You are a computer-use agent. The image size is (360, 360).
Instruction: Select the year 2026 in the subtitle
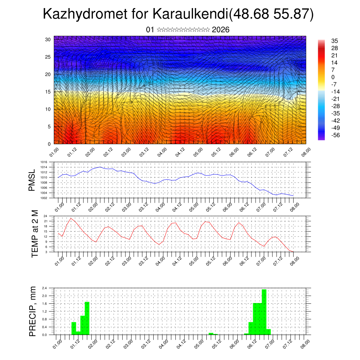[x=221, y=30]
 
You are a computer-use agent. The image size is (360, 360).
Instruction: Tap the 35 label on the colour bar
[x=334, y=41]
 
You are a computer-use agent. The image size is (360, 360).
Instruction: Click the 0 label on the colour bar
[x=333, y=77]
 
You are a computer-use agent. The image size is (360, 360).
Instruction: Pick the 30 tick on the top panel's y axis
[x=48, y=39]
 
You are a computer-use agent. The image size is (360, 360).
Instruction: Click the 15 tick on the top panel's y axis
[x=48, y=92]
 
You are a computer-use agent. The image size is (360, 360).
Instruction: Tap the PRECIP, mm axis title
[x=33, y=311]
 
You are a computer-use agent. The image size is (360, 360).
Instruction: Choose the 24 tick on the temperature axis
[x=45, y=216]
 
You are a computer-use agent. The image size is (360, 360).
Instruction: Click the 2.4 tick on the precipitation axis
[x=45, y=288]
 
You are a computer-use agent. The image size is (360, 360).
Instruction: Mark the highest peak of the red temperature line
[x=71, y=218]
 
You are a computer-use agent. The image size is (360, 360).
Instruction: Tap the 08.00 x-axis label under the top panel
[x=304, y=153]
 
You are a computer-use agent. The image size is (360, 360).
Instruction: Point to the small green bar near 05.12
[x=211, y=334]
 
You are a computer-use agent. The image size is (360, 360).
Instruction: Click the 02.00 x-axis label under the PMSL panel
[x=93, y=206]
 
